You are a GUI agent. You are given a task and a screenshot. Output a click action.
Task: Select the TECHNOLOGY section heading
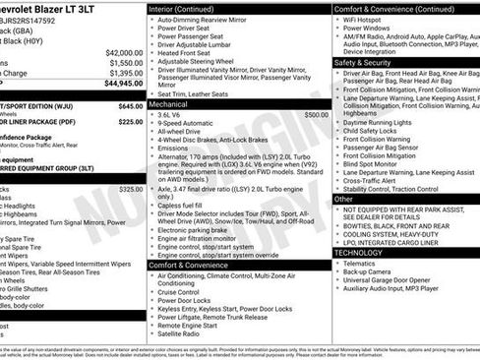359,253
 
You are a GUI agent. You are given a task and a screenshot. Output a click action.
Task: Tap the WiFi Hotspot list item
370,20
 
